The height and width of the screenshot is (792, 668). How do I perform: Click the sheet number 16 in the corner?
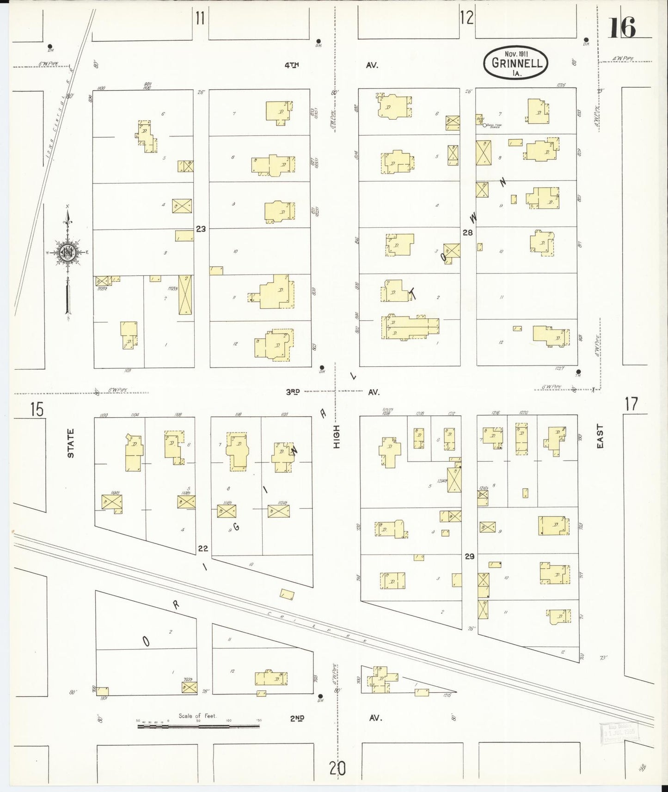pos(622,28)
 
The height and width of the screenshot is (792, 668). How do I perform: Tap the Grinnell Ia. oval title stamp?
pos(516,63)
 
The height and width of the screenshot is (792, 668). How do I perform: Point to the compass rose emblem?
pos(67,252)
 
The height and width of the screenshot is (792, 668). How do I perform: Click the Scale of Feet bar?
pos(198,726)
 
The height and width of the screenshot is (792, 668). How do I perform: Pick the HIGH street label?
pos(336,436)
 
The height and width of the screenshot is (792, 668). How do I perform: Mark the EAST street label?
pos(600,436)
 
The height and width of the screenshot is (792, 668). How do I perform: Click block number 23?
pos(201,228)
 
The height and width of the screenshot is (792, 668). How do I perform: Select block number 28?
pos(468,232)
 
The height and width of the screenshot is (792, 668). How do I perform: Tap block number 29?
pos(470,556)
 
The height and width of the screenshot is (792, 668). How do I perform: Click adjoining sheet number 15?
pos(37,409)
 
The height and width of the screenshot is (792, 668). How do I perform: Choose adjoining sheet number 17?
pos(631,404)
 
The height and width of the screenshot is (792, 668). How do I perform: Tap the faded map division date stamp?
pos(619,733)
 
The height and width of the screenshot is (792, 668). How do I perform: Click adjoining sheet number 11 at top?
pos(200,18)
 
